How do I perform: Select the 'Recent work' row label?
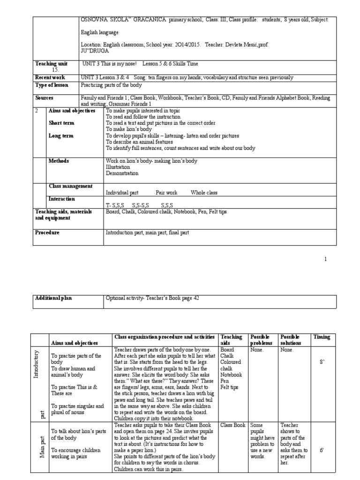pos(50,77)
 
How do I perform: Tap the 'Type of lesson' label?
pos(52,85)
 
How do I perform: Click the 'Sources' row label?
pos(44,98)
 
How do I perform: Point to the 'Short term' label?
pos(61,123)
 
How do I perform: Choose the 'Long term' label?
pos(61,135)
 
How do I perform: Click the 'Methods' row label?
pos(59,161)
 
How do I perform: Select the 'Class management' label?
pos(70,186)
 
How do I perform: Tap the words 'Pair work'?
pos(166,193)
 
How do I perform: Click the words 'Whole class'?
pos(204,193)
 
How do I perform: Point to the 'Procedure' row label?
pos(47,233)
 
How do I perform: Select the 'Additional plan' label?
pos(54,298)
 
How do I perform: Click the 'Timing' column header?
pos(322,337)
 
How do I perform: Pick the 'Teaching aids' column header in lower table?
pos(232,340)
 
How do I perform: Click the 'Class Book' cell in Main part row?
pos(233,425)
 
